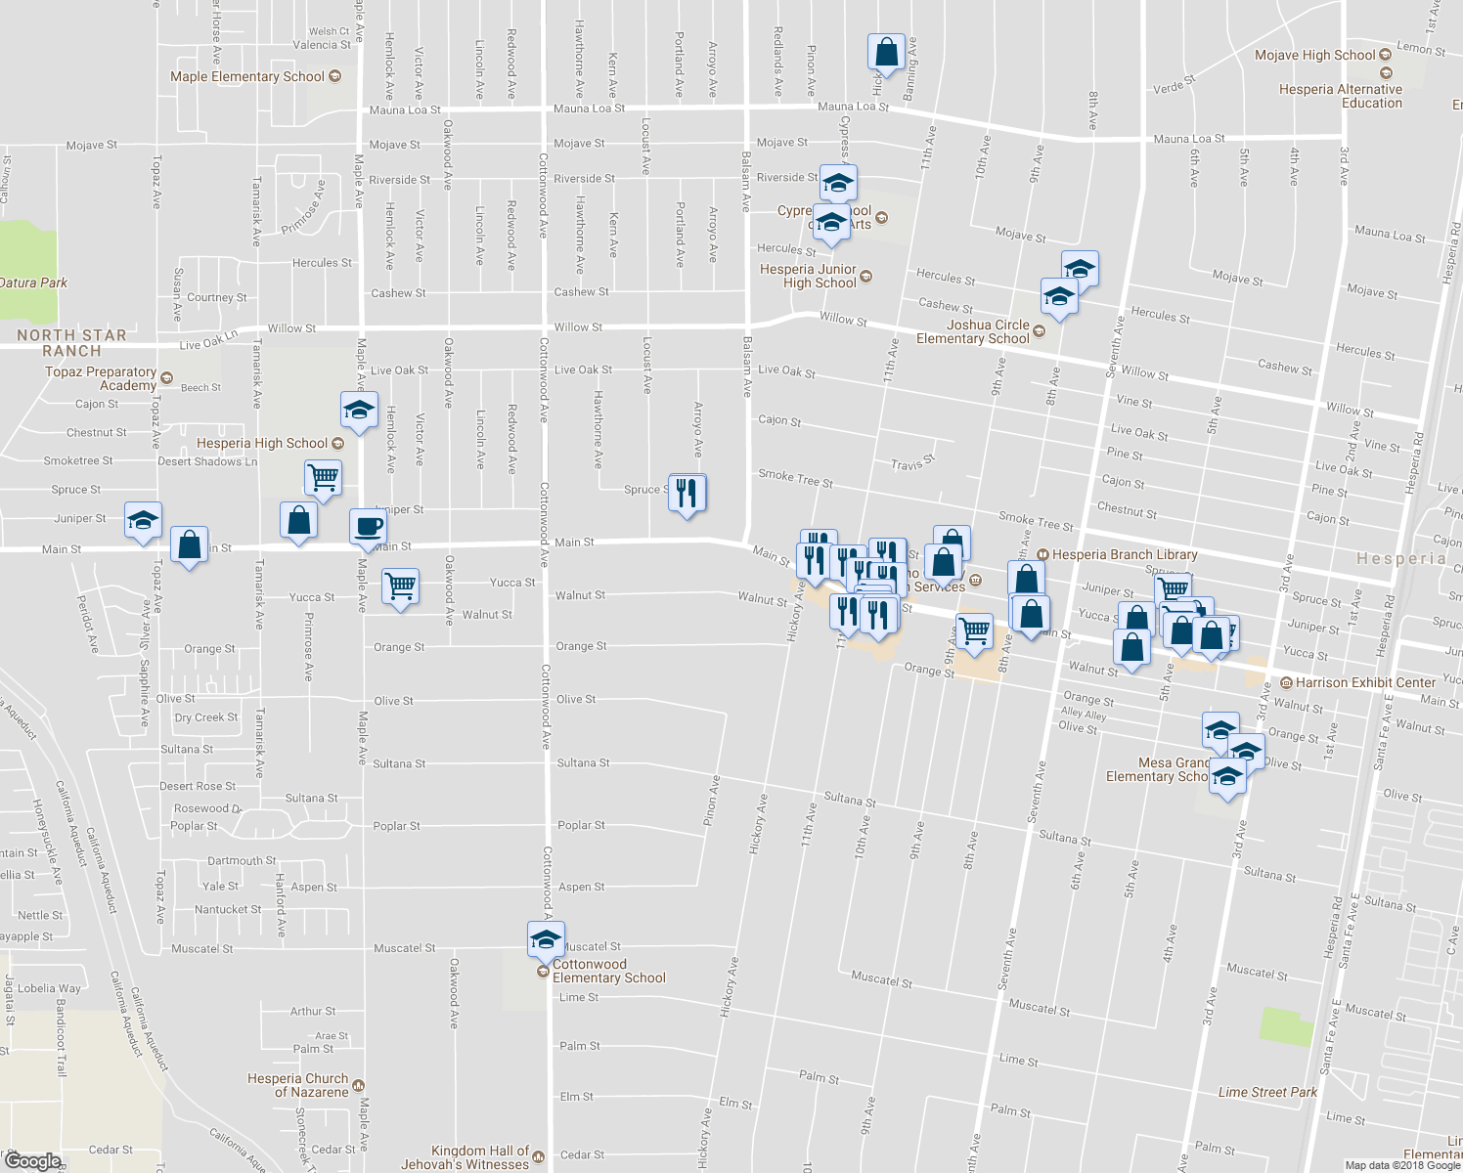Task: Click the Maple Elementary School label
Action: click(x=247, y=76)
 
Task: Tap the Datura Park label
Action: click(x=34, y=282)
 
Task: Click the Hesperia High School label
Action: click(x=262, y=443)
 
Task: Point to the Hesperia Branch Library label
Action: click(x=1125, y=554)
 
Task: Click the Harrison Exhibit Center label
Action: click(x=1365, y=682)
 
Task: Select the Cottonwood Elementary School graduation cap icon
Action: click(x=546, y=940)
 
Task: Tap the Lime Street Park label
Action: click(x=1267, y=1092)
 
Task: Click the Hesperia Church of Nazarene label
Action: click(x=298, y=1085)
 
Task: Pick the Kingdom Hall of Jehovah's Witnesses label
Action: click(x=480, y=1157)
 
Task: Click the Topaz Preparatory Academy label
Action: click(x=101, y=378)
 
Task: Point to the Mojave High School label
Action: click(x=1314, y=56)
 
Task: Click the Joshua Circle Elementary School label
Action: click(x=973, y=331)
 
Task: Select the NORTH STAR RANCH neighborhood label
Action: click(x=71, y=343)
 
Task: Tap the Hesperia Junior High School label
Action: click(x=809, y=276)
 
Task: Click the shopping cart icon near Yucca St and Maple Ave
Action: click(x=400, y=587)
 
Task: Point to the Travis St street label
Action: click(x=913, y=461)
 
